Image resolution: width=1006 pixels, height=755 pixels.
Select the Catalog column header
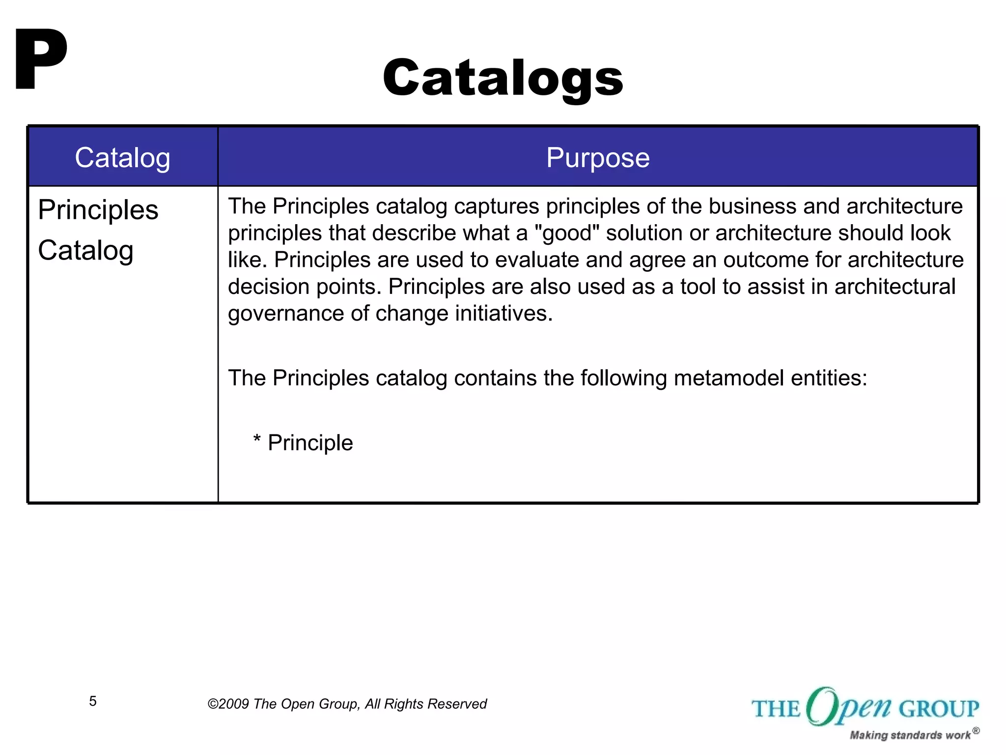122,158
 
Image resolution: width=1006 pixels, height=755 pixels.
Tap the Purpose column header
597,158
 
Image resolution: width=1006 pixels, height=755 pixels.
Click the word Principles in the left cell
98,210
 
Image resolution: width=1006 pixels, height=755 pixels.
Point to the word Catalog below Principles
85,251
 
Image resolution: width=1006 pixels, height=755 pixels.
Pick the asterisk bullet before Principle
256,439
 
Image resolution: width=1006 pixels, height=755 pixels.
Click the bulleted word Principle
310,443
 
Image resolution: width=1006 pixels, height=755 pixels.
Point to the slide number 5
93,701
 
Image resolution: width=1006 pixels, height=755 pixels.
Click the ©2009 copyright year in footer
228,704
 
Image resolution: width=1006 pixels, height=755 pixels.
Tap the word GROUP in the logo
939,709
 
